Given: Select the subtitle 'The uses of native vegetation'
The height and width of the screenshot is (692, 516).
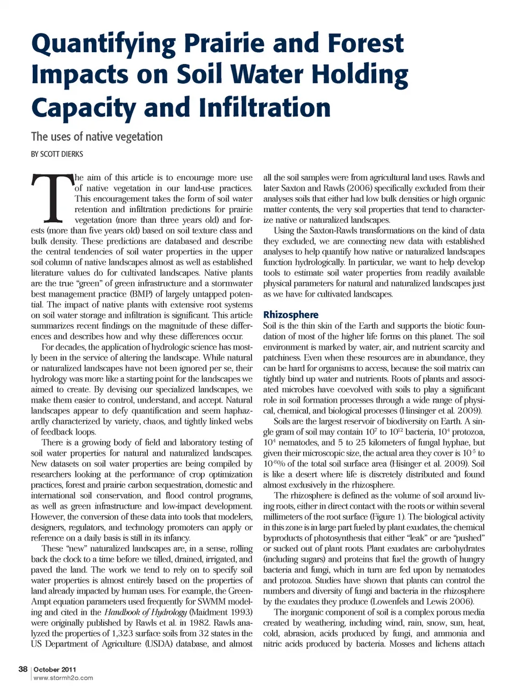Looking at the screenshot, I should tap(97, 136).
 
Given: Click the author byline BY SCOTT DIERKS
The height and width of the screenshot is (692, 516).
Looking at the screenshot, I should tap(57, 154).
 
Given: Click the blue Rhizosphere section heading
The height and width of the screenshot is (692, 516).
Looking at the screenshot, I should tap(290, 314).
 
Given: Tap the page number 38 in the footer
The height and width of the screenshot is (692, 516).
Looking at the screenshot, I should tap(23, 669).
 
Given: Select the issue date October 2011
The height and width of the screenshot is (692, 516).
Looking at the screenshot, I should tap(55, 669).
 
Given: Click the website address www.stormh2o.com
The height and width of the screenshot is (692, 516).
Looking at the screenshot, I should tap(63, 678).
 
